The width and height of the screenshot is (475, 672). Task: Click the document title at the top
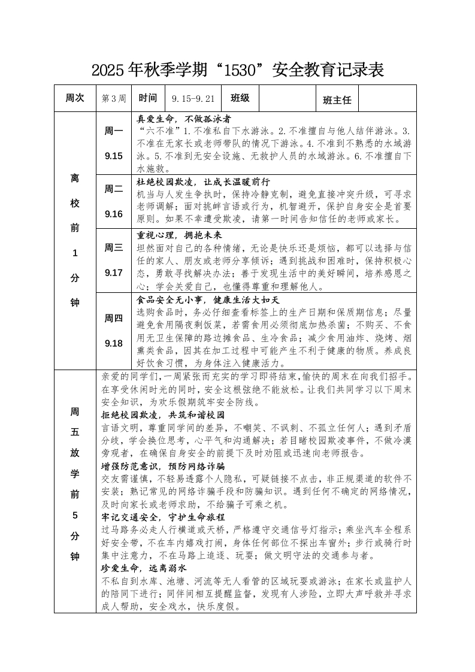(237, 71)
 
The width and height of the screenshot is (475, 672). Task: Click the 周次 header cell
(75, 98)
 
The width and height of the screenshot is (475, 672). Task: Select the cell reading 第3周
(114, 98)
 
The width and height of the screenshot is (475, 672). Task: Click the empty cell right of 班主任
(387, 98)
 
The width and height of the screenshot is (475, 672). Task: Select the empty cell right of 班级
(287, 98)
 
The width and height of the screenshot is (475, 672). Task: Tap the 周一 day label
(114, 131)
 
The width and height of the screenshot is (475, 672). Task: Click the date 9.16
(114, 214)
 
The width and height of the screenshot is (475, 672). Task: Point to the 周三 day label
(114, 247)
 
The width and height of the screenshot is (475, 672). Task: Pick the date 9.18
(114, 343)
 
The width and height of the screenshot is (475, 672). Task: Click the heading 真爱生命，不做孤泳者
(184, 119)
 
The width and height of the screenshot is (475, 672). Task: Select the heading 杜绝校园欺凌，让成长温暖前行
(204, 181)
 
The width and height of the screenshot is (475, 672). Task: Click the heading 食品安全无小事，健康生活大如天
(208, 299)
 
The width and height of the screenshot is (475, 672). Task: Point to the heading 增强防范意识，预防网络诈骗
(163, 465)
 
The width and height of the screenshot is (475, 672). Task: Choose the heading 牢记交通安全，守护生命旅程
(163, 517)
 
